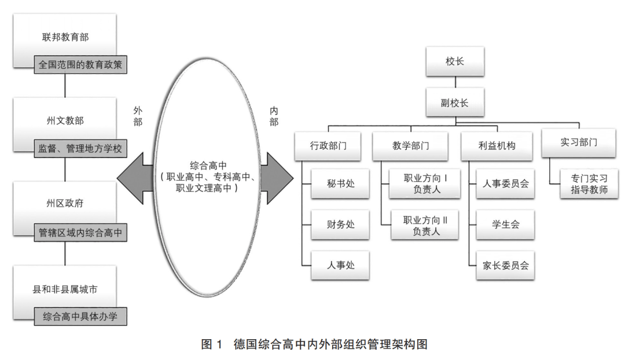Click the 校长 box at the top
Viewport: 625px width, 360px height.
click(454, 62)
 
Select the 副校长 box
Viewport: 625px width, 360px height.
click(454, 103)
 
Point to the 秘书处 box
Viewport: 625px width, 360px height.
click(340, 183)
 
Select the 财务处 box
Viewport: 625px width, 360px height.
click(340, 225)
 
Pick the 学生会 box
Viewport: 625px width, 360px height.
click(505, 225)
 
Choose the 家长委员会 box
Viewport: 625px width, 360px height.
click(505, 266)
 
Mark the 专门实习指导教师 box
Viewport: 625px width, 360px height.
click(585, 183)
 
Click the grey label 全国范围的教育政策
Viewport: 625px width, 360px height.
click(80, 65)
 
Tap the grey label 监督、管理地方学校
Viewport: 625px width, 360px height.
click(80, 149)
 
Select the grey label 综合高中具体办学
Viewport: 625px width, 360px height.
click(80, 317)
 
